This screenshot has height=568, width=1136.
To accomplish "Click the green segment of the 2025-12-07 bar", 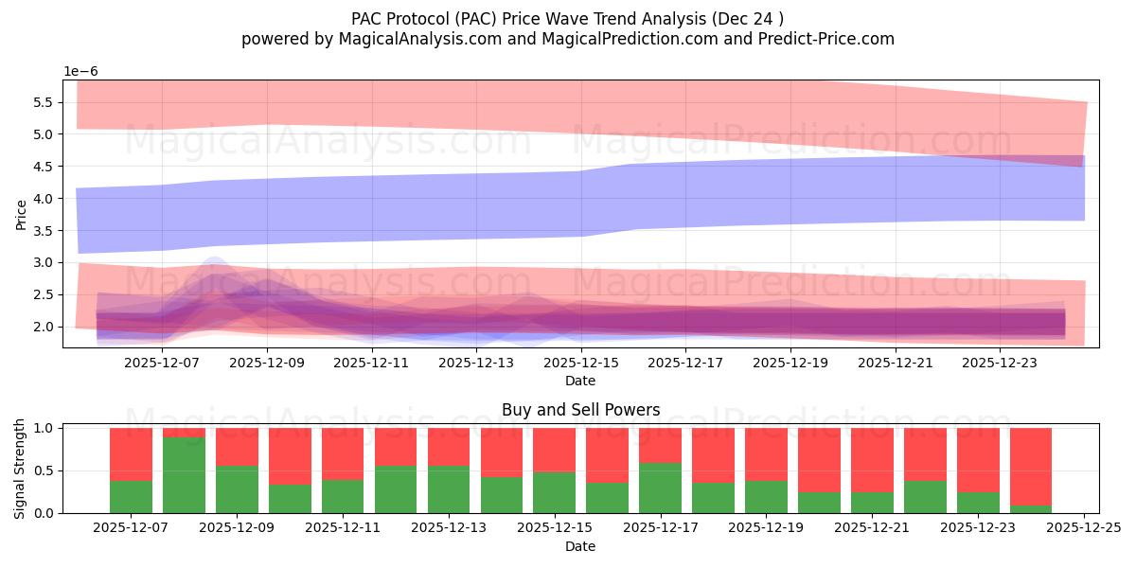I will click(131, 497).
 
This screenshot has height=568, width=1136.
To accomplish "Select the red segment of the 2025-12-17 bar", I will click(660, 445).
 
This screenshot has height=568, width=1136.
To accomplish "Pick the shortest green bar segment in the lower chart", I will click(1030, 509).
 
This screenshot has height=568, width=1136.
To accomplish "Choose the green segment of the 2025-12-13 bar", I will click(449, 489).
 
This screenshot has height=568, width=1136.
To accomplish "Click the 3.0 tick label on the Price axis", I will click(39, 262).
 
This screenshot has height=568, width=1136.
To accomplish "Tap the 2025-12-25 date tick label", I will click(1083, 528).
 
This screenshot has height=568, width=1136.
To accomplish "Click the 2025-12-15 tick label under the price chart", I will click(580, 362).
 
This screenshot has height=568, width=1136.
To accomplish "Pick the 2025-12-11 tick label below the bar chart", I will click(343, 528).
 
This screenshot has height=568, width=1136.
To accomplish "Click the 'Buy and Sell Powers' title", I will click(580, 410).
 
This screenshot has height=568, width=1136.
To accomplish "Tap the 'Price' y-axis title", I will click(20, 214).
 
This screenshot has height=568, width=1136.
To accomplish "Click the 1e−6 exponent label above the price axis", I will click(80, 71).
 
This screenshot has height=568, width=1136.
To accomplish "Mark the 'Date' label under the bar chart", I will click(580, 546).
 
